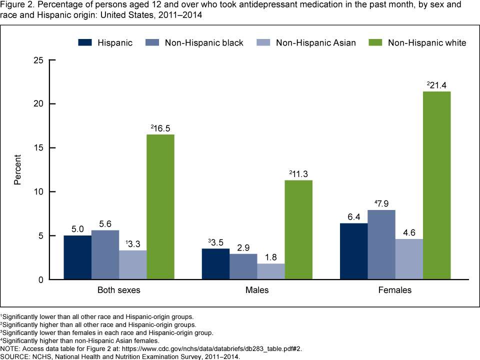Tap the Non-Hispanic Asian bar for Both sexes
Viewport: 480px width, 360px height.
coord(133,265)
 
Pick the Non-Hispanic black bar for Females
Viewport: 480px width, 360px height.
coord(381,245)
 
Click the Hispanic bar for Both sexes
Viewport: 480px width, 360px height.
coord(77,257)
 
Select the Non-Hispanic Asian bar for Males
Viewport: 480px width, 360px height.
coord(271,271)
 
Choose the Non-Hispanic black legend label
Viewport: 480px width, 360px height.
coord(204,42)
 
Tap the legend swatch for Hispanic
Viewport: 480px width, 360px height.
coord(85,42)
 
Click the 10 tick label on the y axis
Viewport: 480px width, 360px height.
coord(38,191)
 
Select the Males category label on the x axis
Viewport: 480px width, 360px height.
coord(257,290)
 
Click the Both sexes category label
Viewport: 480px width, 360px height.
coord(119,290)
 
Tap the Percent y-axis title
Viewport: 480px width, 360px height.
coord(18,169)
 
